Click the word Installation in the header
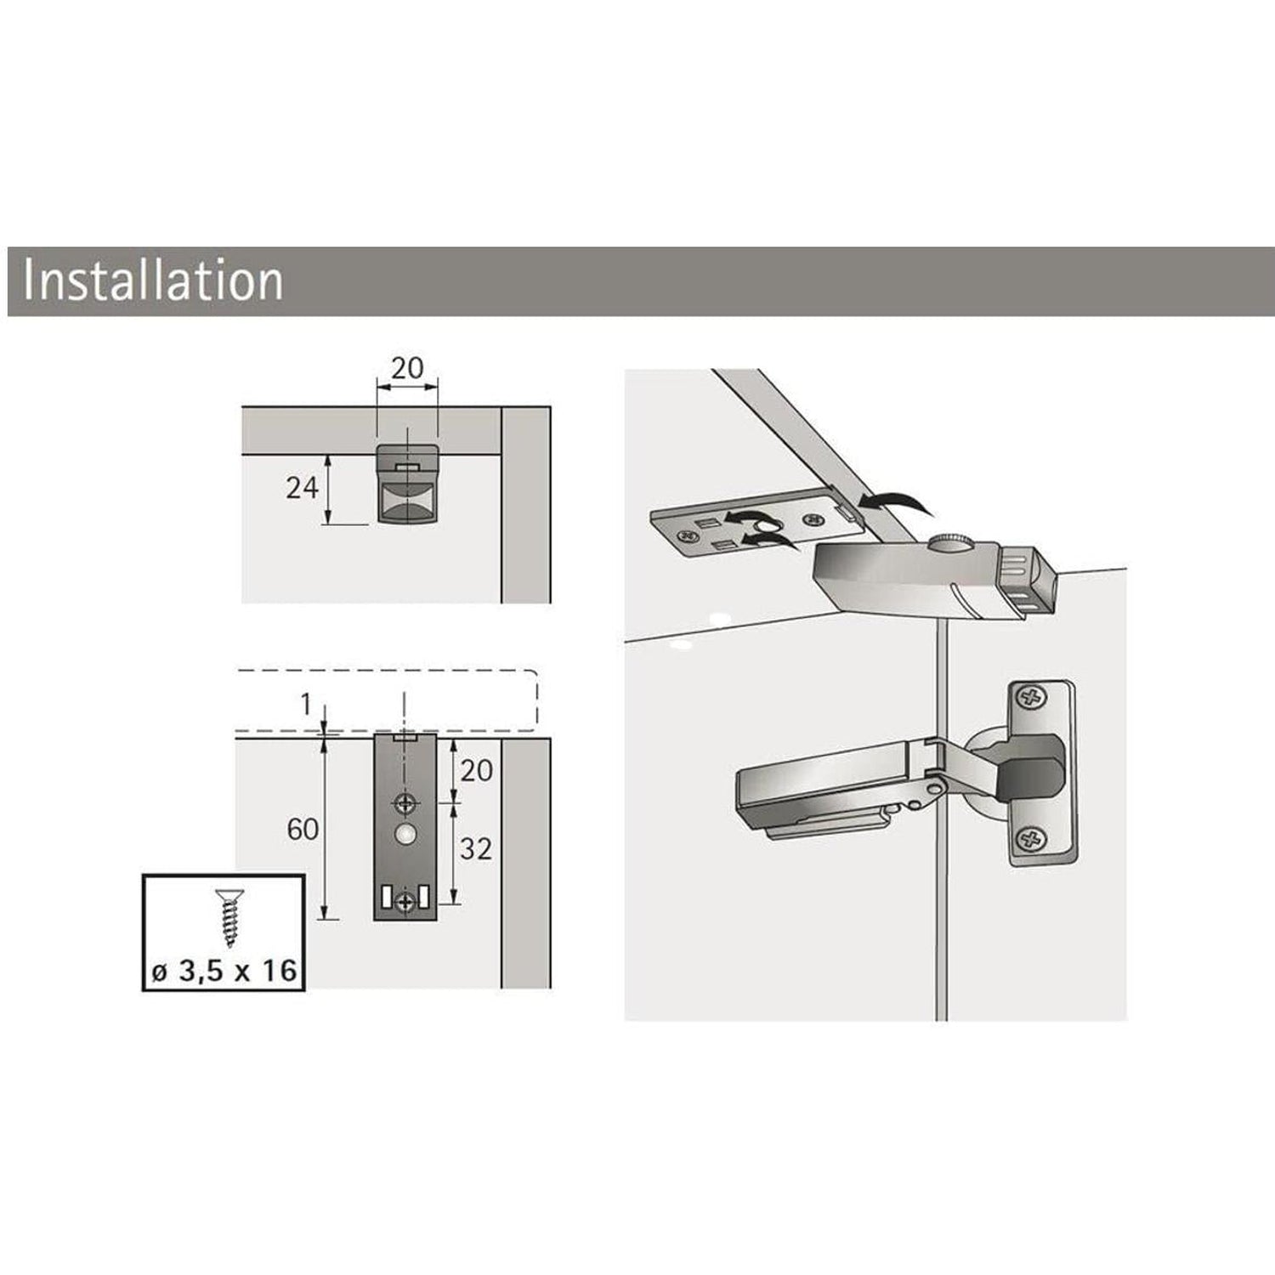pos(153,280)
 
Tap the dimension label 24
pos(302,488)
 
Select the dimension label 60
pos(303,829)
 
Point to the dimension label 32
pos(476,848)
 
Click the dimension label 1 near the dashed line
pos(306,705)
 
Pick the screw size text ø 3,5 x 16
pos(224,971)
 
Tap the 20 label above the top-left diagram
pos(407,368)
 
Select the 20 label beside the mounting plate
pos(476,771)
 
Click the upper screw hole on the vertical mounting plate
pos(406,802)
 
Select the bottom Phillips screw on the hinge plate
pos(1032,841)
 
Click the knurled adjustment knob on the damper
pos(948,541)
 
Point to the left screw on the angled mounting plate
pos(683,535)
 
